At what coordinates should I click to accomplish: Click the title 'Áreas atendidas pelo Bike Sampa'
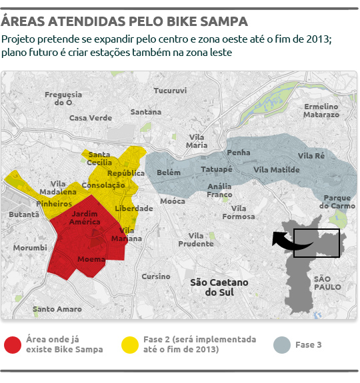124,21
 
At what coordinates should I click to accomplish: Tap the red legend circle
13,344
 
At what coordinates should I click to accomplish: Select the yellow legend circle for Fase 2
129,344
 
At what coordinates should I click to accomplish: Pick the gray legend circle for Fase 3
283,344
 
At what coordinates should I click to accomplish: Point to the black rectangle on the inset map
316,243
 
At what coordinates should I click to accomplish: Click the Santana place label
146,112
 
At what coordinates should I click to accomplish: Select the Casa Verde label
91,118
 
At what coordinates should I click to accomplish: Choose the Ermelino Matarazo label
321,111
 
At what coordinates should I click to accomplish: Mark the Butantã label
24,214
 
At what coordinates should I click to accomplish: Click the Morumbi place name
30,248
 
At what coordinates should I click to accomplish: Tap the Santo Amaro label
57,309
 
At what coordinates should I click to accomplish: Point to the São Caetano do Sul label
219,287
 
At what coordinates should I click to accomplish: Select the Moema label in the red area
91,258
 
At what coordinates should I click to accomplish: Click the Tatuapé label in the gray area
217,169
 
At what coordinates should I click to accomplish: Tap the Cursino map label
156,276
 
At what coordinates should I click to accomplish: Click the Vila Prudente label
196,240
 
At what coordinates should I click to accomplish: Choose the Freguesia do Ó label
63,99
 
